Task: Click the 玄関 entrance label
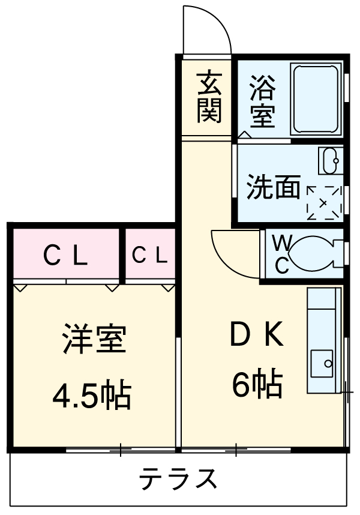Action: click(208, 96)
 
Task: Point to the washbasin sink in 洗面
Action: click(329, 160)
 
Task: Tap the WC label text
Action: click(283, 253)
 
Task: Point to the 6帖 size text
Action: click(257, 385)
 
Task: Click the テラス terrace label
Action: click(178, 480)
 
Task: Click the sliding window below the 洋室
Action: click(120, 449)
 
